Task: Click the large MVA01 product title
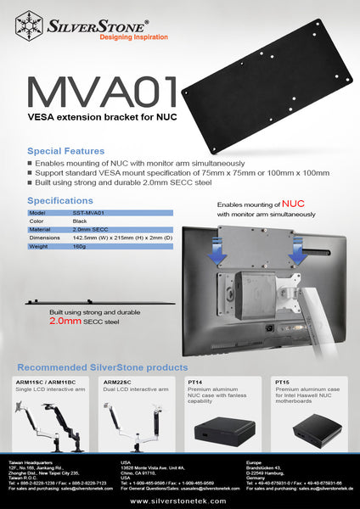(102, 93)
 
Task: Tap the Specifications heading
(60, 201)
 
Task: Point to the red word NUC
(293, 204)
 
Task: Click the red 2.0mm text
(65, 322)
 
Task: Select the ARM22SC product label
(117, 383)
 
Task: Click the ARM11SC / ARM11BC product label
(43, 383)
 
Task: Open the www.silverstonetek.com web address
(179, 501)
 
